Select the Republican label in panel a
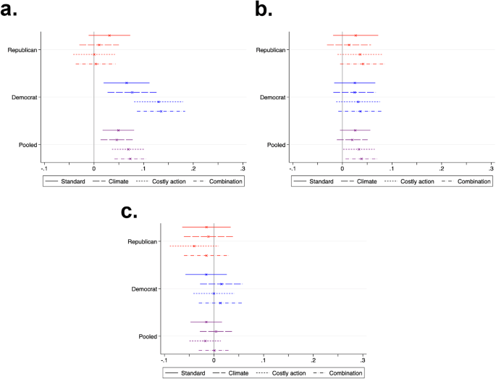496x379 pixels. tap(22, 49)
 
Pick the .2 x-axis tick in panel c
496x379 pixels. tap(313, 359)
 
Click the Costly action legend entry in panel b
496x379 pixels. tap(416, 181)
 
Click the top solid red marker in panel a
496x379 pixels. tap(109, 35)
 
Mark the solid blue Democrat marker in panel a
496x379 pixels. tap(126, 83)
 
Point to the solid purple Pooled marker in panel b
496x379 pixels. tap(355, 130)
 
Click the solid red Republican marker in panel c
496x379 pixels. tap(206, 227)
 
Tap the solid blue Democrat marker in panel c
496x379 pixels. tap(206, 275)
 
